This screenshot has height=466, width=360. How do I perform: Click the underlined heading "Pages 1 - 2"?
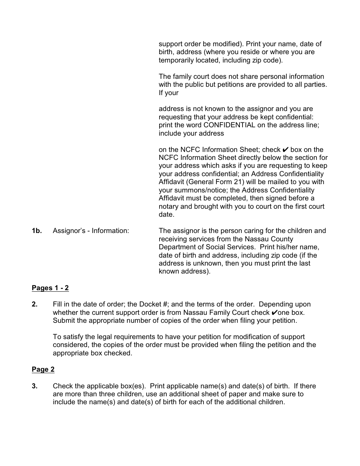50,288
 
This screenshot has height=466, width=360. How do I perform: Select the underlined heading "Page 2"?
43,369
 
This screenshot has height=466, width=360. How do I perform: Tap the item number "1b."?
37,231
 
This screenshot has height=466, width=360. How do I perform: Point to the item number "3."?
34,386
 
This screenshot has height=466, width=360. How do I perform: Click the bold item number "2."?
34,304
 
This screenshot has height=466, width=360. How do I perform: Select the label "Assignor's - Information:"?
91,231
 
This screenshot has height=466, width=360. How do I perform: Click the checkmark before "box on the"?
285,150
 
